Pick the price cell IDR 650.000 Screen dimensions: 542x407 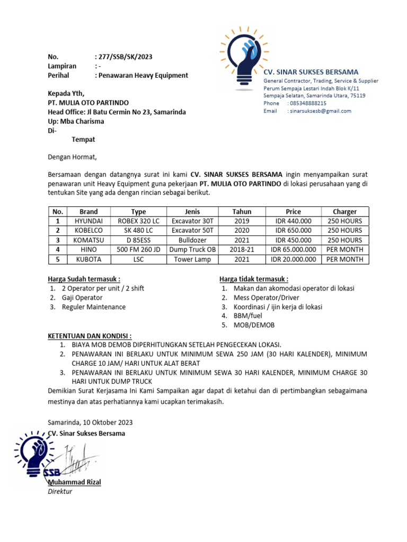click(293, 230)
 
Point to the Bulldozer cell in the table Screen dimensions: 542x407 click(192, 240)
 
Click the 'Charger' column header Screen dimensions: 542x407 click(344, 211)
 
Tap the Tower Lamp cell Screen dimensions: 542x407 click(192, 259)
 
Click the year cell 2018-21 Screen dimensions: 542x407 click(242, 249)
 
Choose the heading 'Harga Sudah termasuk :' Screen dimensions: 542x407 click(84, 279)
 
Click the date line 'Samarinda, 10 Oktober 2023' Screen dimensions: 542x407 click(90, 422)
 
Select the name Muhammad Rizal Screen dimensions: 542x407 click(74, 482)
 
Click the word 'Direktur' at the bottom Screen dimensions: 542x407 click(60, 491)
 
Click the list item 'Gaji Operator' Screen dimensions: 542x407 click(82, 297)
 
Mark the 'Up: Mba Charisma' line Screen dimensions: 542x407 click(76, 121)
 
